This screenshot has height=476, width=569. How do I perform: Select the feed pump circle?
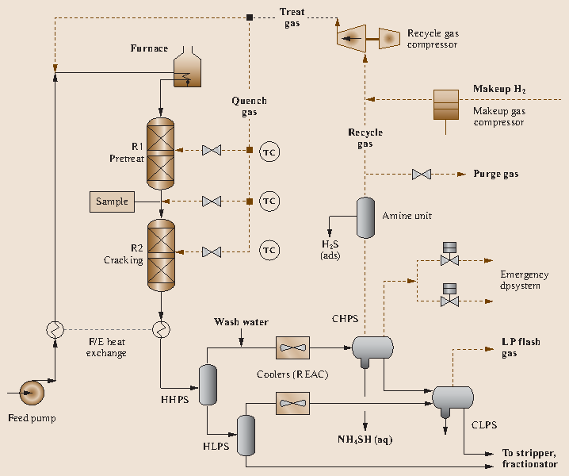[x=32, y=391]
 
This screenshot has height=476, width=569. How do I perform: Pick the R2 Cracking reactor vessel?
[x=161, y=255]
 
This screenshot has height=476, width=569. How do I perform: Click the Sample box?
[x=112, y=202]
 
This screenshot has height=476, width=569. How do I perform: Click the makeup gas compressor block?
[x=445, y=105]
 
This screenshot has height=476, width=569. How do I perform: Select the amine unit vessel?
[x=365, y=217]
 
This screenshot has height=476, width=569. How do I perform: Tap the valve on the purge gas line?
[x=421, y=174]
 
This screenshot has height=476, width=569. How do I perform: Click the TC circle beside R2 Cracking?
[x=269, y=251]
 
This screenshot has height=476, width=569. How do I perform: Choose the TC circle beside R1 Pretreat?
[x=269, y=151]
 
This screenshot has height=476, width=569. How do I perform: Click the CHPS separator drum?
[x=372, y=347]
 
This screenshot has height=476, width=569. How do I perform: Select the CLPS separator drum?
[x=453, y=397]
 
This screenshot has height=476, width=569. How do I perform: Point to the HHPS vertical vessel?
[x=208, y=384]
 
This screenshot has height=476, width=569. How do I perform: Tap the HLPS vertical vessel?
[x=247, y=434]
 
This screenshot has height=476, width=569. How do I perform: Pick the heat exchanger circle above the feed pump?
[x=55, y=328]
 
